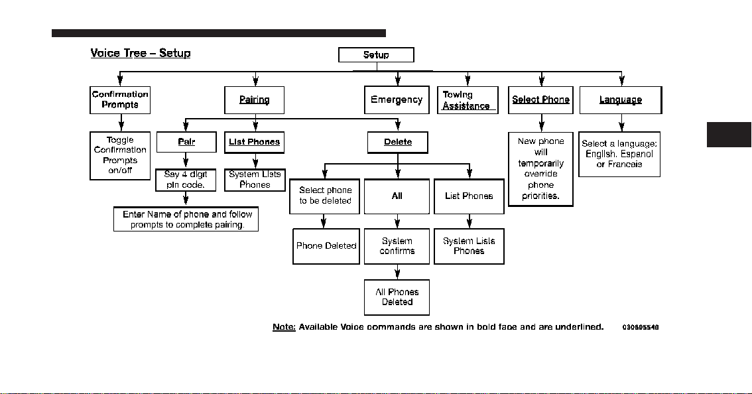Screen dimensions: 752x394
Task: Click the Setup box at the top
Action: (x=376, y=54)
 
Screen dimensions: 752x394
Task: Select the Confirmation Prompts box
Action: (x=120, y=99)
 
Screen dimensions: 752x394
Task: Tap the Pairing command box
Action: (x=254, y=99)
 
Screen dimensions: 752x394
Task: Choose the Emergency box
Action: (x=397, y=99)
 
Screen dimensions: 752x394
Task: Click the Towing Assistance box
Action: (x=468, y=99)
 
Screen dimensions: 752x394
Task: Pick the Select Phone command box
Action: (x=540, y=99)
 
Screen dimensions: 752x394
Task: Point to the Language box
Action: (x=621, y=99)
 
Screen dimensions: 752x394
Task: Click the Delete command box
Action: (x=398, y=143)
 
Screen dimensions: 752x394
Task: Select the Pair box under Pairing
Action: (x=186, y=142)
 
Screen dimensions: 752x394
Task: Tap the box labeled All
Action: (x=397, y=196)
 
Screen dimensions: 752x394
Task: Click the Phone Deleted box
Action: (x=326, y=246)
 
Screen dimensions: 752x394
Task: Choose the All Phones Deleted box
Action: (x=397, y=297)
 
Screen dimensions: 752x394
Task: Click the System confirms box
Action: (x=397, y=246)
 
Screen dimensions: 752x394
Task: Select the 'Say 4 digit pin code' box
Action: (x=186, y=180)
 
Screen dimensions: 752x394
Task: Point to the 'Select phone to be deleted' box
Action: (x=325, y=196)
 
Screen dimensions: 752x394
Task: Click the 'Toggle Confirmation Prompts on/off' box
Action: (x=120, y=155)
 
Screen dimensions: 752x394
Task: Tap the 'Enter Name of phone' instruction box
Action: (x=186, y=220)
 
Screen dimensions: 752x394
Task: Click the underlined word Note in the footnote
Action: (x=284, y=327)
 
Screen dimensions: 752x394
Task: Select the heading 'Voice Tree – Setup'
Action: (x=141, y=53)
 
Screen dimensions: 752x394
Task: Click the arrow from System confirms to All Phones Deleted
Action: (x=397, y=272)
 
